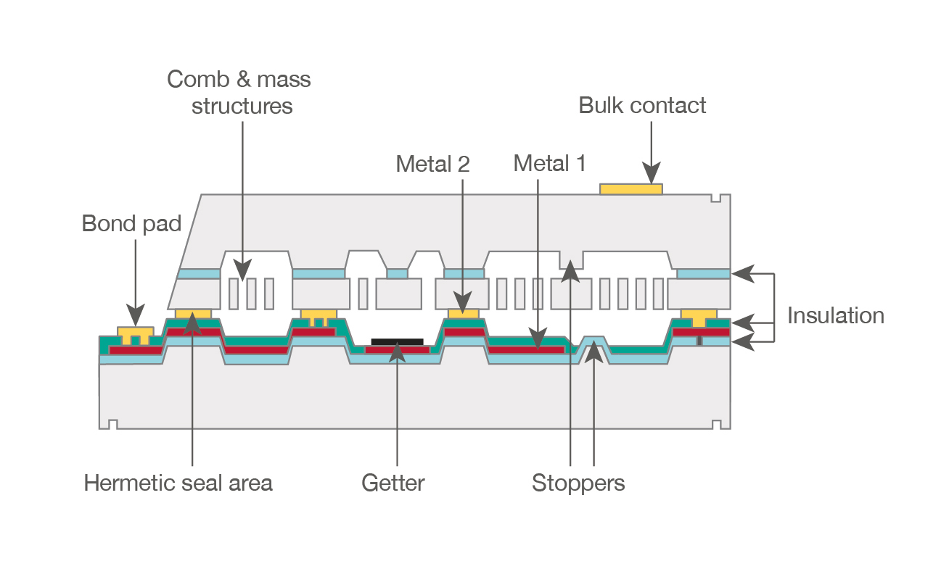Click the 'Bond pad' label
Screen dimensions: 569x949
pos(131,223)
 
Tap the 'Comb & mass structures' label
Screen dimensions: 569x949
pos(239,92)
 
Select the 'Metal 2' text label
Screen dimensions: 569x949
pos(432,165)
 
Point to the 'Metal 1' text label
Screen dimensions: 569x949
pos(549,163)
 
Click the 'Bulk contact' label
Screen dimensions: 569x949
pos(642,106)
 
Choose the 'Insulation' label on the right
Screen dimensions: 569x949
pos(835,315)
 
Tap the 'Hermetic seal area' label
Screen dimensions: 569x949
pos(178,483)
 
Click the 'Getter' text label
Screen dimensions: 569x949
pos(393,483)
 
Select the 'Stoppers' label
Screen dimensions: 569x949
pos(578,483)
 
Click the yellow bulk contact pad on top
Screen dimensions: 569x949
pos(630,189)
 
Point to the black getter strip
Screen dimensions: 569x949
pos(397,341)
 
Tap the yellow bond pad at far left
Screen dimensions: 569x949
pos(136,336)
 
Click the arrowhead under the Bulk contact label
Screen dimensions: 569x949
pos(651,175)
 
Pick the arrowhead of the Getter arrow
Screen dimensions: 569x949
pos(397,352)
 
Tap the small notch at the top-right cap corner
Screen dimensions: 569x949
pos(715,198)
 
